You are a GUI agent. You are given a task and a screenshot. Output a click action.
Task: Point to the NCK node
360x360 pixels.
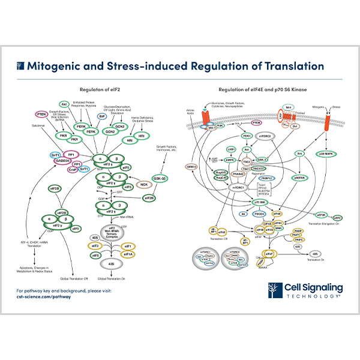[143, 184]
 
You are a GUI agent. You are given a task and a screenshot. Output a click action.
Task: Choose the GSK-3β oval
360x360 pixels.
[160, 161]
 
